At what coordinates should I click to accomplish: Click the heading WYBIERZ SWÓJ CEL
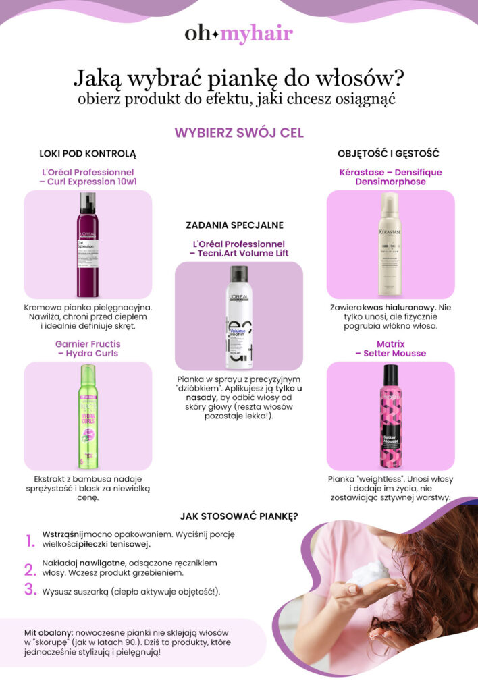click(x=239, y=132)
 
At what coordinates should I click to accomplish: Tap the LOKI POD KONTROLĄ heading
click(x=88, y=153)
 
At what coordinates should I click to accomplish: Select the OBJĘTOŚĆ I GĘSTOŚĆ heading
click(x=390, y=153)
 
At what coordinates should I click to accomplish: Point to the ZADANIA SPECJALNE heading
click(x=234, y=225)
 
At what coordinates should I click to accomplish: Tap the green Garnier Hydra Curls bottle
click(x=88, y=416)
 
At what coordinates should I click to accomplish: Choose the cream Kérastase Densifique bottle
click(x=390, y=244)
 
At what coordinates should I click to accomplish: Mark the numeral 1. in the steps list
click(x=30, y=541)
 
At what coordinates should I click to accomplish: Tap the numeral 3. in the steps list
click(x=30, y=589)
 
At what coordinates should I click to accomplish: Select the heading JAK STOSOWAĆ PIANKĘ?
click(x=239, y=517)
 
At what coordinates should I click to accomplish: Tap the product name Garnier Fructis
click(x=88, y=343)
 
